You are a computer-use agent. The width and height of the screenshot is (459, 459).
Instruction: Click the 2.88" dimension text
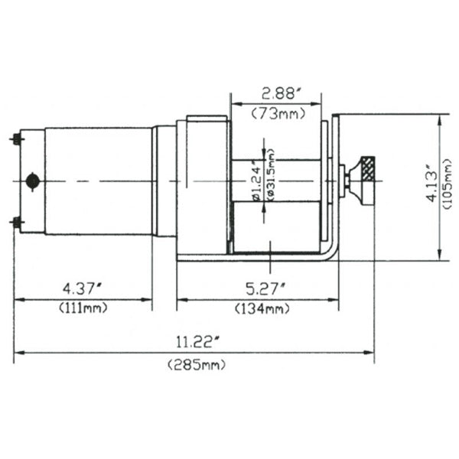(277, 94)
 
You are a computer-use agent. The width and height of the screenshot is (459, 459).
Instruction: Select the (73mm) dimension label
(276, 115)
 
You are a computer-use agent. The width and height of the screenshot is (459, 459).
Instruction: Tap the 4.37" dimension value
(83, 289)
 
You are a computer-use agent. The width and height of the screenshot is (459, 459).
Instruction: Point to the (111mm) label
(83, 308)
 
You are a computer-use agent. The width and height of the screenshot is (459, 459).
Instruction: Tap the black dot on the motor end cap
(32, 181)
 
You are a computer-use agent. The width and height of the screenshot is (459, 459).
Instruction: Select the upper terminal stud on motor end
(16, 139)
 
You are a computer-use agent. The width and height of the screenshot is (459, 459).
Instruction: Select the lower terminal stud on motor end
(16, 223)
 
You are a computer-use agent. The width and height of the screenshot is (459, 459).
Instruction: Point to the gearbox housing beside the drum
(203, 184)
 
